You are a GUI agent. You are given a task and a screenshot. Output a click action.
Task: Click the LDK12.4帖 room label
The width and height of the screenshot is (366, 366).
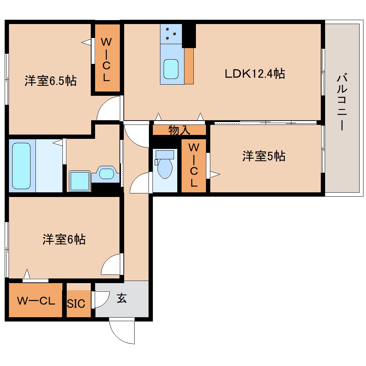coord(255,74)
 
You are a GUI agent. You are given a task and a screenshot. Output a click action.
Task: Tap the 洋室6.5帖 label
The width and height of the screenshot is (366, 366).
coord(50,81)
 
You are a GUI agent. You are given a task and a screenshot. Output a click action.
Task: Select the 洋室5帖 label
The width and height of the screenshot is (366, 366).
coord(264,156)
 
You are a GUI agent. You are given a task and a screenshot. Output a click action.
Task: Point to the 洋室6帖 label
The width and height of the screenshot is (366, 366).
coord(64,239)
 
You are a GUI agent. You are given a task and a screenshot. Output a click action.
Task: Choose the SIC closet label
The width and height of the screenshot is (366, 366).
coord(76,303)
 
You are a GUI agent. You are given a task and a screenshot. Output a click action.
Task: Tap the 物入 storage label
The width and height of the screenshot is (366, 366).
coord(179,130)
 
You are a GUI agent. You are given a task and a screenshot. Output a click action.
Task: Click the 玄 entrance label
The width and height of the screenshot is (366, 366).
coord(122,299)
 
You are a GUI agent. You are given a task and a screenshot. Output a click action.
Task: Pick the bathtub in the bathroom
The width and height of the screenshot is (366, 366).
coord(22,165)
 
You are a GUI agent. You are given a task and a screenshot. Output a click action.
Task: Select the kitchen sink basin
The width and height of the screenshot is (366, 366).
coord(171,69)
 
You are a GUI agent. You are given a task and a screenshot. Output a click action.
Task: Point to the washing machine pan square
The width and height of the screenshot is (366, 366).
coord(79,181)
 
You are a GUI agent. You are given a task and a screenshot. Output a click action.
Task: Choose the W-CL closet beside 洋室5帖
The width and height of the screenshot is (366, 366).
coord(193,165)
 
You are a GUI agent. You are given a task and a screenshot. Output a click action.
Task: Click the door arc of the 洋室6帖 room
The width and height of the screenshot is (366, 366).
coord(112,265)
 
